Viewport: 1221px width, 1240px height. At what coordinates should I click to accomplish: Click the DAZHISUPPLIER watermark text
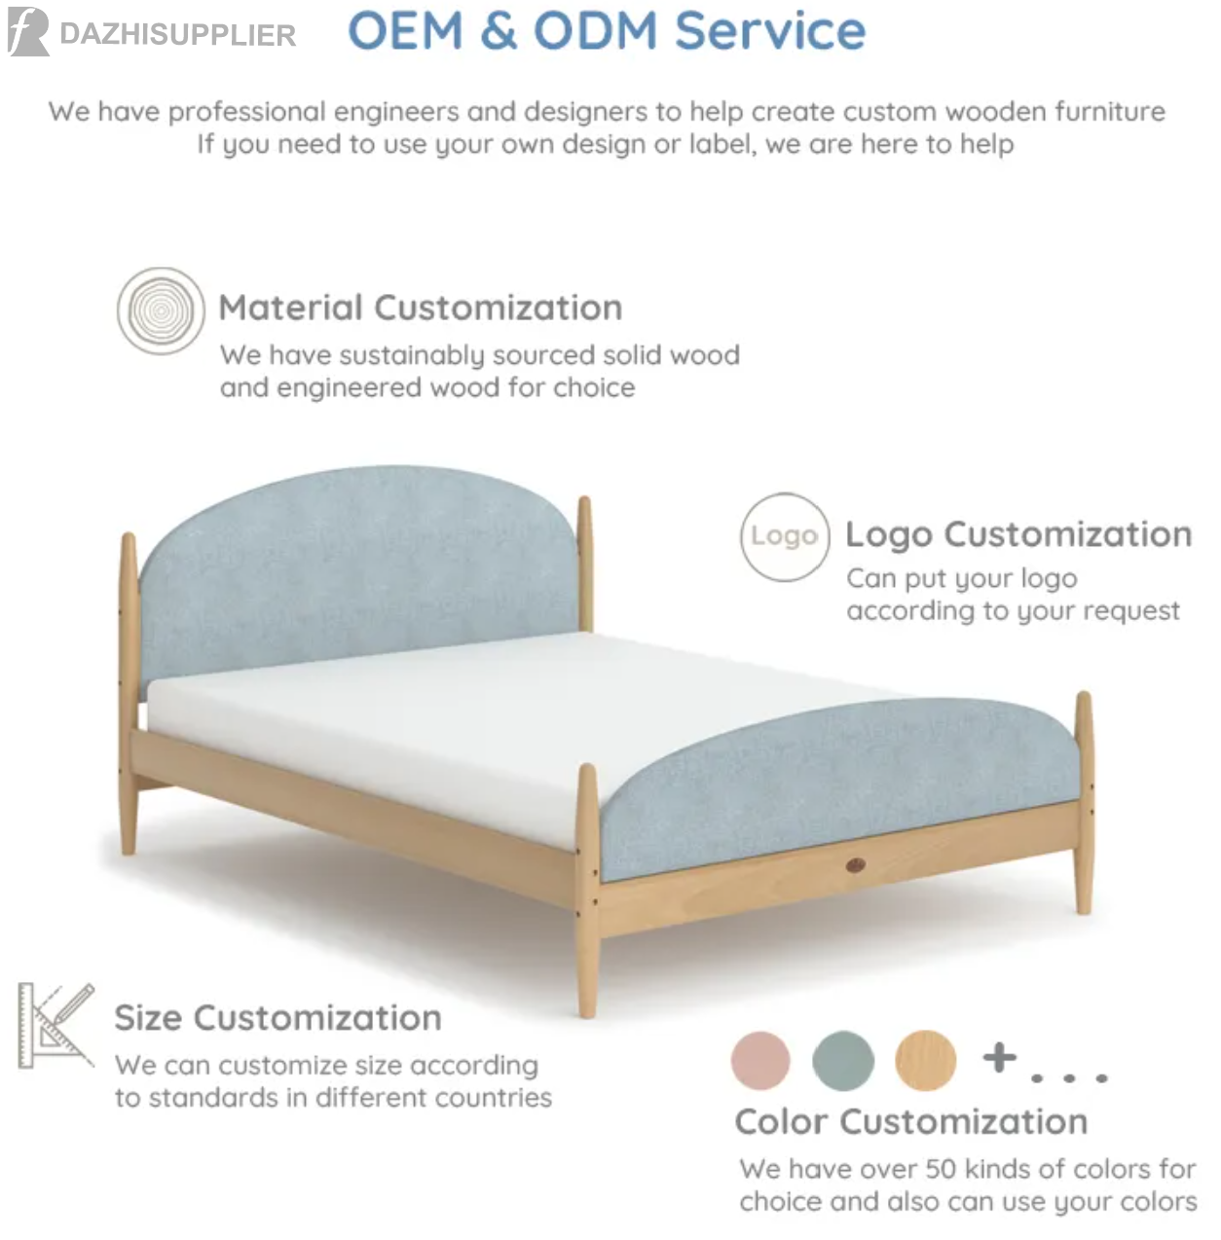(178, 35)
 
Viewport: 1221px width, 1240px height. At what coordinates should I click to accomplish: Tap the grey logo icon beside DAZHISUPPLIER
(28, 31)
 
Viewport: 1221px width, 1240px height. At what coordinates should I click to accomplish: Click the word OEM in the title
(406, 30)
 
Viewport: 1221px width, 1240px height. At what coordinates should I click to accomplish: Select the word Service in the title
(770, 30)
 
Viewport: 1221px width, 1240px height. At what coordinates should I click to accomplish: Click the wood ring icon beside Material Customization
(161, 310)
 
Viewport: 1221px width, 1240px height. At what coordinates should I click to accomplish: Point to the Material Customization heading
(421, 308)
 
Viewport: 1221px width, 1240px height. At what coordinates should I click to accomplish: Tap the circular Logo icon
(785, 536)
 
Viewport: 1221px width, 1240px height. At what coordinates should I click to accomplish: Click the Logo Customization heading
(1018, 535)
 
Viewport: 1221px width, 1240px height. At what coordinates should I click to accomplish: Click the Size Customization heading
(278, 1018)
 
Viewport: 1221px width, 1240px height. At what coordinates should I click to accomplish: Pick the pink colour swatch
(760, 1061)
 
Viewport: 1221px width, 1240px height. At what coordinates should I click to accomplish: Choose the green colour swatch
(843, 1061)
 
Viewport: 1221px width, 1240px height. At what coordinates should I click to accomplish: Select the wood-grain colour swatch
(925, 1061)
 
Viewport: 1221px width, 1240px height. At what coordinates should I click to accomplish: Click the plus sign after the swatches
(999, 1058)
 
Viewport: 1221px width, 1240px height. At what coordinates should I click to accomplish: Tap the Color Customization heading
(911, 1122)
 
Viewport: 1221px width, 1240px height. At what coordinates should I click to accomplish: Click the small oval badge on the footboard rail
(855, 865)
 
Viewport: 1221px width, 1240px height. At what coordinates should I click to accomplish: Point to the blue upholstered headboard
(357, 566)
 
